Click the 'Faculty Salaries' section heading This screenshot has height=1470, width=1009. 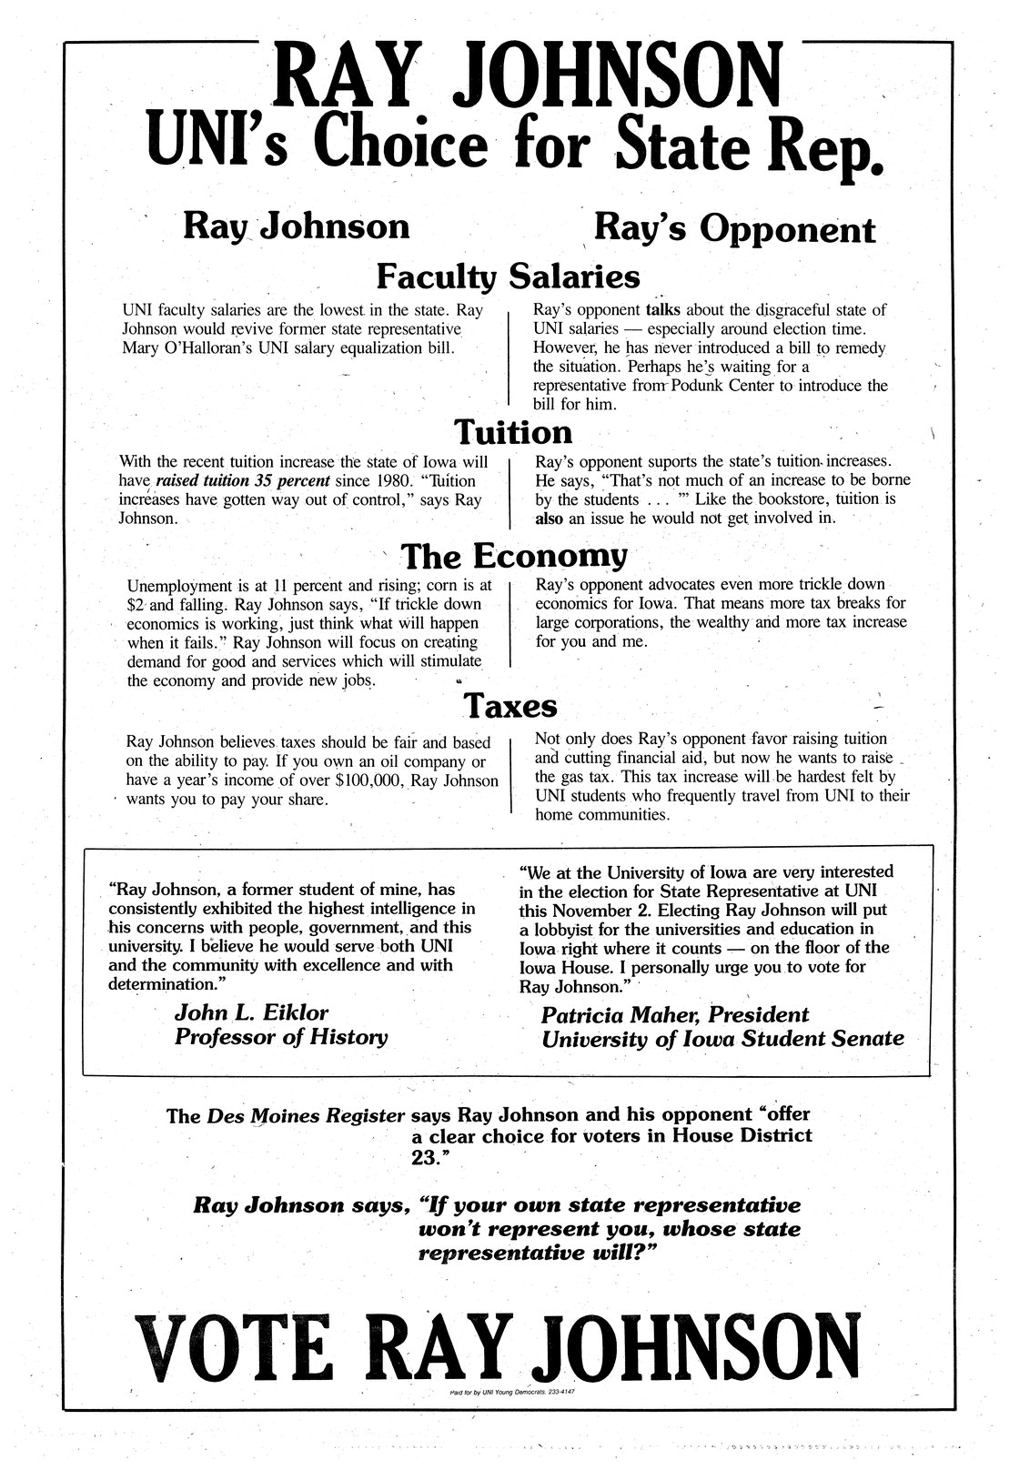point(508,276)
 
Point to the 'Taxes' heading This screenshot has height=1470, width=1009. point(510,705)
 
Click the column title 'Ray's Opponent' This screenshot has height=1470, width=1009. point(734,228)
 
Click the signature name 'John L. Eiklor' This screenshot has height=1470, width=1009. point(251,1012)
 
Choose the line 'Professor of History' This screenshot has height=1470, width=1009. point(280,1037)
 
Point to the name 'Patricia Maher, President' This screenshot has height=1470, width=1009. point(674,1014)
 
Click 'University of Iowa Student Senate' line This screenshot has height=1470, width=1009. point(722,1038)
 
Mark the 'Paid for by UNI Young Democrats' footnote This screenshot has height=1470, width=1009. point(510,1393)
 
